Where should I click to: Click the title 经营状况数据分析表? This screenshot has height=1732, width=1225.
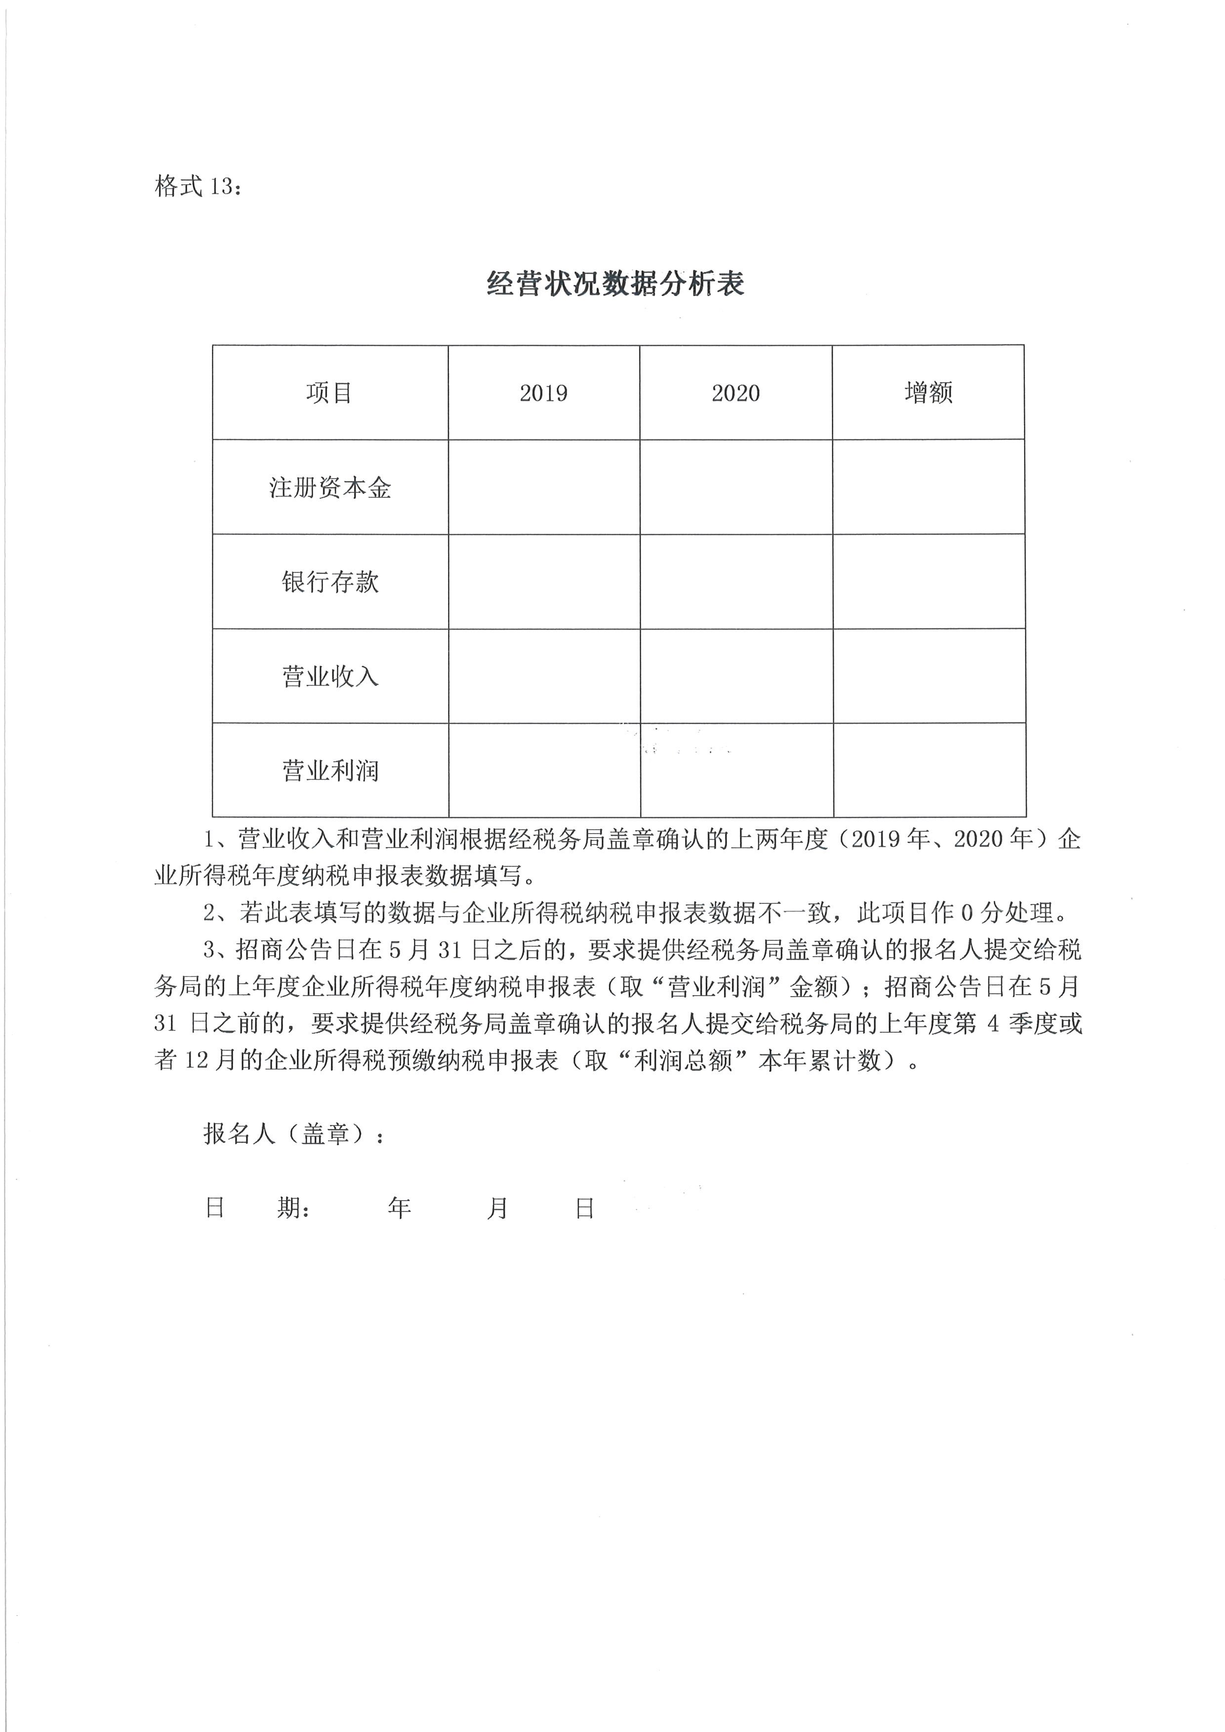click(615, 283)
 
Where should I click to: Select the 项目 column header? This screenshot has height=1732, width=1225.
click(329, 392)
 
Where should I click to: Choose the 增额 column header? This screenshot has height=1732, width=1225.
click(929, 392)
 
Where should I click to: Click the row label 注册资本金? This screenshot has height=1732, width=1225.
click(329, 487)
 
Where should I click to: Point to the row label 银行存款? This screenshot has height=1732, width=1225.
click(329, 582)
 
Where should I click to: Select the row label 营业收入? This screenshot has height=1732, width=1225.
click(329, 676)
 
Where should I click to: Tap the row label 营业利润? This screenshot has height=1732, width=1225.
click(329, 770)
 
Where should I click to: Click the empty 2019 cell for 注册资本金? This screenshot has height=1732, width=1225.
click(544, 487)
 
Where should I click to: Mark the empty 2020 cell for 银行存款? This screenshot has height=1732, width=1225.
click(736, 582)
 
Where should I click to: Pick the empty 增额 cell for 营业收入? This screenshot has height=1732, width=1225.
click(929, 676)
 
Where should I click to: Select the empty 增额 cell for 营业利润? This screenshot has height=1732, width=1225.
click(929, 770)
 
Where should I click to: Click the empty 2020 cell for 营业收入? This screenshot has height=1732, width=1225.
click(736, 676)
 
